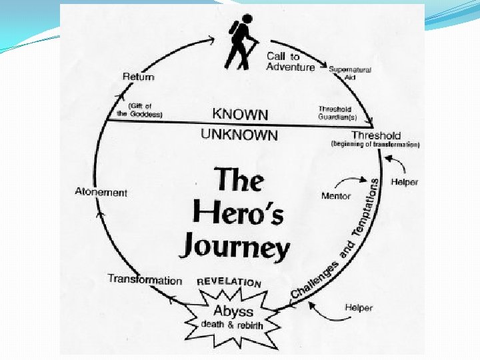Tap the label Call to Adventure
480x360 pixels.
point(290,61)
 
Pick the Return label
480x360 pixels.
point(138,77)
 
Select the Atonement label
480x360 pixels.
point(101,193)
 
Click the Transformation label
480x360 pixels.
point(145,280)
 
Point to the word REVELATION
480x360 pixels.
point(229,282)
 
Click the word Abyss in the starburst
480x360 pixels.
point(233,311)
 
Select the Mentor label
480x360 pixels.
point(335,196)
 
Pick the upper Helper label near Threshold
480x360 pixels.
point(405,182)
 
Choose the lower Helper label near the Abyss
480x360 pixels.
point(359,307)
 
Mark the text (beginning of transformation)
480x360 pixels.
point(375,145)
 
